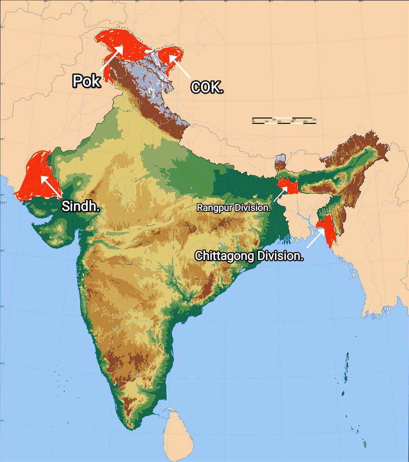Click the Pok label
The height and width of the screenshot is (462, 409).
[x=87, y=81]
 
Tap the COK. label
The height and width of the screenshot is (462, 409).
[x=207, y=87]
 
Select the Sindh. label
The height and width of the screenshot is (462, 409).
[x=81, y=206]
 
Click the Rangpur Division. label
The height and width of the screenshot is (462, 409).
[x=234, y=208]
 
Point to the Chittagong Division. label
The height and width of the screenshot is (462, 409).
[x=249, y=256]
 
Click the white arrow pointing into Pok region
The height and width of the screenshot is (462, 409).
[x=112, y=58]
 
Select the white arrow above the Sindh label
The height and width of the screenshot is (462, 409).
[x=50, y=186]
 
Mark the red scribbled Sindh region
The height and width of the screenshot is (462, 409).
[x=33, y=175]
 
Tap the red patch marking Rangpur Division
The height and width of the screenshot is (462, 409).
[x=289, y=186]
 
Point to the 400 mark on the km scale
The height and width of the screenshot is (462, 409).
[x=305, y=122]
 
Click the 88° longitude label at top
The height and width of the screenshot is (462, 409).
[x=271, y=1]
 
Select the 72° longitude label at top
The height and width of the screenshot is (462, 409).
[x=91, y=1]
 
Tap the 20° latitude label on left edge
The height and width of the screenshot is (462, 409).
[x=2, y=251]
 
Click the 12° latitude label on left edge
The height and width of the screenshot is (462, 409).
[x=2, y=363]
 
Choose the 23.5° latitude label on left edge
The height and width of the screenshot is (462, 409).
[x=3, y=203]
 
